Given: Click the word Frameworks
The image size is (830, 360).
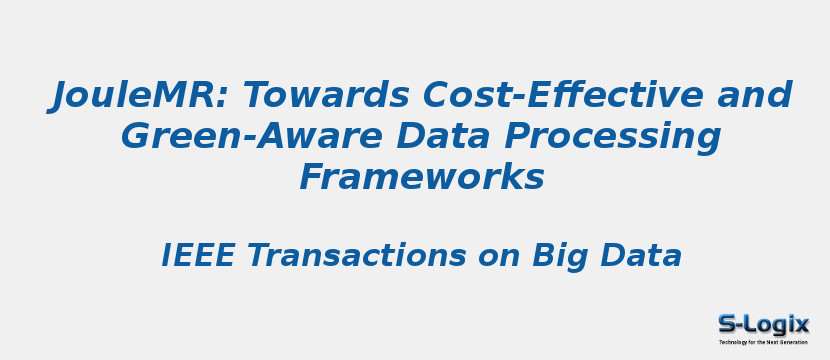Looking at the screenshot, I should (x=421, y=177).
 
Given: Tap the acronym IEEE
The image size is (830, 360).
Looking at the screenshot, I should (x=198, y=256).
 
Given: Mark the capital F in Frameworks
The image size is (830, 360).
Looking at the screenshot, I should (x=312, y=177).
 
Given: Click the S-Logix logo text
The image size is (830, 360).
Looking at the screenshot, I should (x=763, y=324).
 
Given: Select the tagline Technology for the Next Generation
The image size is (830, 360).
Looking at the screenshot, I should (x=763, y=342).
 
